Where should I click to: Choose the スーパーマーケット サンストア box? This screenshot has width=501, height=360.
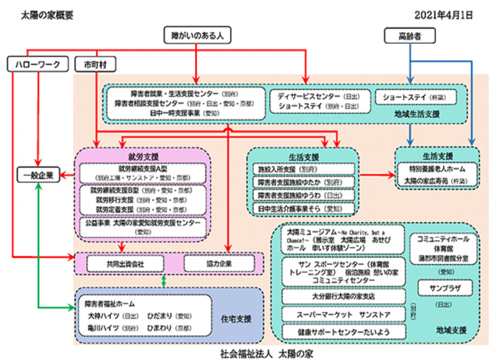click(343, 314)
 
